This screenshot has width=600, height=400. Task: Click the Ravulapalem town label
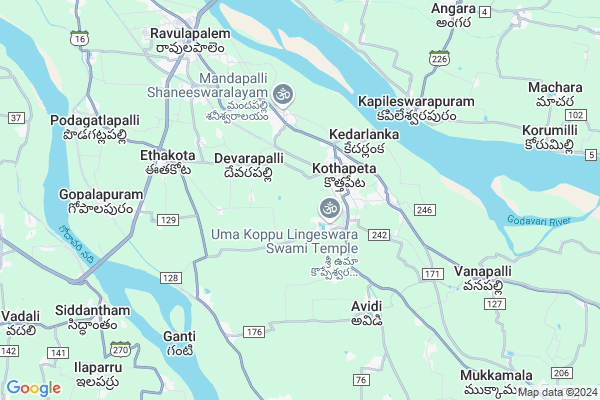coord(191,34)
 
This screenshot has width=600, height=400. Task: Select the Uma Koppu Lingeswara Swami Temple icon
coord(326,208)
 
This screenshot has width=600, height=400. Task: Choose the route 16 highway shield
coord(78,38)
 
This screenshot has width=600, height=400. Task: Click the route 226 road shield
coord(438,59)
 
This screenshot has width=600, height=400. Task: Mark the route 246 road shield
coord(424,210)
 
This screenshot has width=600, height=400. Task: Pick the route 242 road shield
coord(378,234)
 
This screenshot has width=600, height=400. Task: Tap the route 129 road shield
coord(168,219)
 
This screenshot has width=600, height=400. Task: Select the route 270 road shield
coord(121,350)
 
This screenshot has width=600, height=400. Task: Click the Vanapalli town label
coord(482,271)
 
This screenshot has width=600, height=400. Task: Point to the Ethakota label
coord(168,156)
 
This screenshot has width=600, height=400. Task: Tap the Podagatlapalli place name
coord(94,120)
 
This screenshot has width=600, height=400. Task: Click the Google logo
coord(33,388)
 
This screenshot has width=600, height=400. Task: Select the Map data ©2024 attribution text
coord(557,392)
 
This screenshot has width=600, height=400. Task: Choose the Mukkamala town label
coord(497,375)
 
